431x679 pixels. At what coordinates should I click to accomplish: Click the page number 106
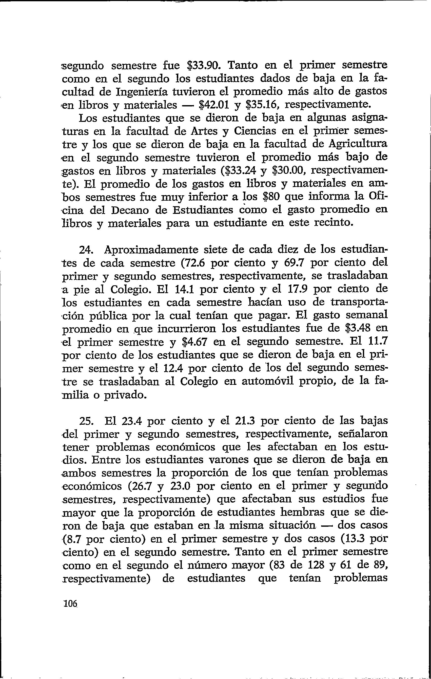(70, 604)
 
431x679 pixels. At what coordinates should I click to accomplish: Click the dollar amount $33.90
(203, 65)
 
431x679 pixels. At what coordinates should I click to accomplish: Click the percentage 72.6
(194, 263)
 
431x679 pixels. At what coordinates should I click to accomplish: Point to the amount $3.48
(359, 329)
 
